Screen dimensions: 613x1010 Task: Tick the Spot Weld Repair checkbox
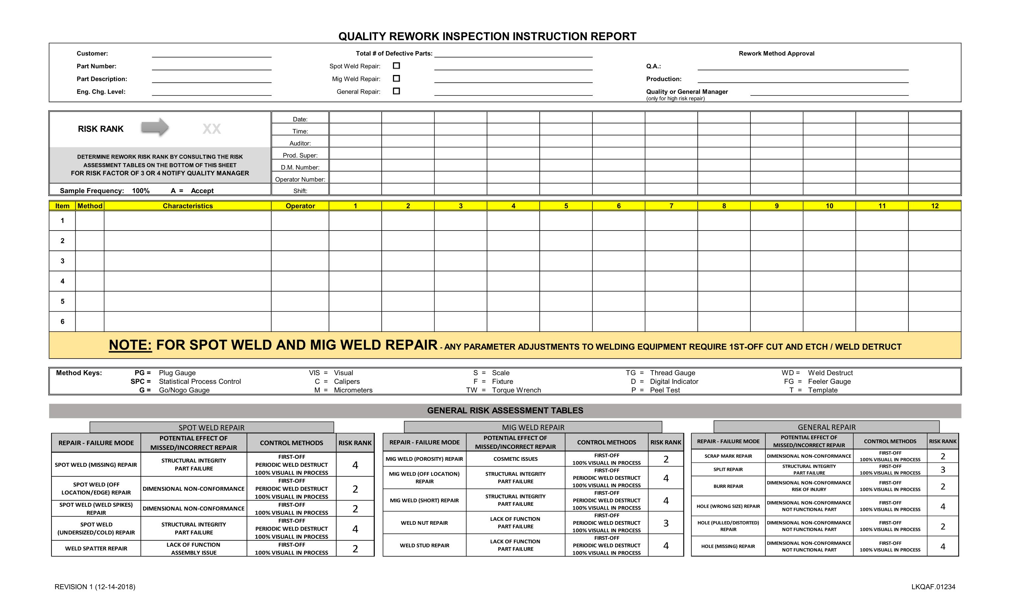pyautogui.click(x=396, y=66)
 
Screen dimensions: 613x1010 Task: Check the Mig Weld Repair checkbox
pyautogui.click(x=396, y=78)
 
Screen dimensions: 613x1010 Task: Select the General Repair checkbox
pyautogui.click(x=396, y=91)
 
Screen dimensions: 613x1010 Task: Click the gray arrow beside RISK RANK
pyautogui.click(x=155, y=127)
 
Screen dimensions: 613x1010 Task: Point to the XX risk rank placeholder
pyautogui.click(x=211, y=129)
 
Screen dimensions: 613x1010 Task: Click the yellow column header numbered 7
pyautogui.click(x=671, y=206)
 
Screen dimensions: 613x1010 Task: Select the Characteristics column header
pyautogui.click(x=188, y=206)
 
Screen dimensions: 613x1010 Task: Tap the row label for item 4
pyautogui.click(x=62, y=281)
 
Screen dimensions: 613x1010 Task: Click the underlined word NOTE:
pyautogui.click(x=130, y=345)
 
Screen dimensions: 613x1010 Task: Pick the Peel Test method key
pyautogui.click(x=664, y=390)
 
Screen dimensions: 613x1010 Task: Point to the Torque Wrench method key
pyautogui.click(x=516, y=390)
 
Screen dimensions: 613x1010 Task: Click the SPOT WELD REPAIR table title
pyautogui.click(x=211, y=427)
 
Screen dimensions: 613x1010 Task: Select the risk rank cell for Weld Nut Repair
pyautogui.click(x=666, y=523)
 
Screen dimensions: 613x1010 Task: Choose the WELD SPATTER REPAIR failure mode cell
pyautogui.click(x=96, y=548)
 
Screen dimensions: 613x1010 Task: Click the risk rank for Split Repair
pyautogui.click(x=942, y=470)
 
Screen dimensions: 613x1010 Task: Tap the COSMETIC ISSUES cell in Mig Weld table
pyautogui.click(x=515, y=459)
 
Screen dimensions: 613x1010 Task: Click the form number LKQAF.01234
pyautogui.click(x=933, y=587)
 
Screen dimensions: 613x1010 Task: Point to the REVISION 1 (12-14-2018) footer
pyautogui.click(x=95, y=587)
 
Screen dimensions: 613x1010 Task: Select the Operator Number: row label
pyautogui.click(x=300, y=179)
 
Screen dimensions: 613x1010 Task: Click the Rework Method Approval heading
pyautogui.click(x=776, y=53)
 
